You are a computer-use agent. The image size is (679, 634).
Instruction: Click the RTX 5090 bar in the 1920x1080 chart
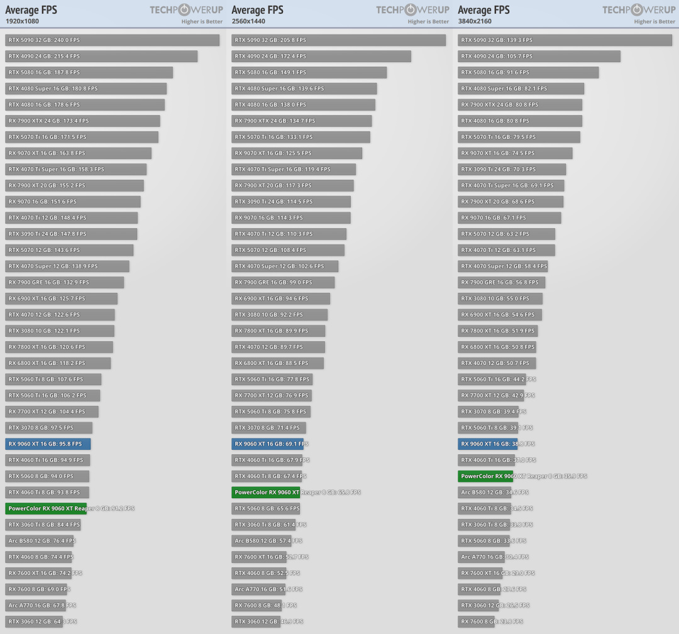coord(112,40)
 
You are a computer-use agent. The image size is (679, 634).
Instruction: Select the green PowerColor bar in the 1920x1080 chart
coord(46,508)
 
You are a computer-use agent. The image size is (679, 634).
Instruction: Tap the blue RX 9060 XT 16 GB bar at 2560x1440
coord(267,444)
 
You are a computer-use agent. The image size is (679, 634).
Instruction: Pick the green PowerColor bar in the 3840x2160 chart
coord(485,476)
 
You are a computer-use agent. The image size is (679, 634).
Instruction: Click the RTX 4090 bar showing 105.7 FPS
coord(539,57)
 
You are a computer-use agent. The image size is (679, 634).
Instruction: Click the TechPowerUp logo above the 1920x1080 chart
coord(186,9)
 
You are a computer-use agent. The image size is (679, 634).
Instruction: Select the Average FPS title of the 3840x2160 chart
coord(484,10)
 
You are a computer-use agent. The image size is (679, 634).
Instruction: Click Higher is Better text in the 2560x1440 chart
coord(428,22)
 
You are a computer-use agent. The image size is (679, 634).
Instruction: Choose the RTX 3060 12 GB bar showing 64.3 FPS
coord(34,621)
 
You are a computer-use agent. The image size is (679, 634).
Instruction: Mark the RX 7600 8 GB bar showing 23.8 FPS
coord(477,621)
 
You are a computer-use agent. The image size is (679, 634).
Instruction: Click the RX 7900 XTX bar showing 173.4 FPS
coord(82,121)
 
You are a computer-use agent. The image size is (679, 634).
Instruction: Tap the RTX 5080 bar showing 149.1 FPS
coord(309,72)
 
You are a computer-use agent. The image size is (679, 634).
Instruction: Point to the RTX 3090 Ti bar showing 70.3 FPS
coord(512,169)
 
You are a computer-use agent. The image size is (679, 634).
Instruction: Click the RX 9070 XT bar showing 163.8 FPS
coord(79,153)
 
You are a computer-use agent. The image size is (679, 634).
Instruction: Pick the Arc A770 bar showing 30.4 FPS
coord(481,557)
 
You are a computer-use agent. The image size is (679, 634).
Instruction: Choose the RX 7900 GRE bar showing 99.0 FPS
coord(283,283)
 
